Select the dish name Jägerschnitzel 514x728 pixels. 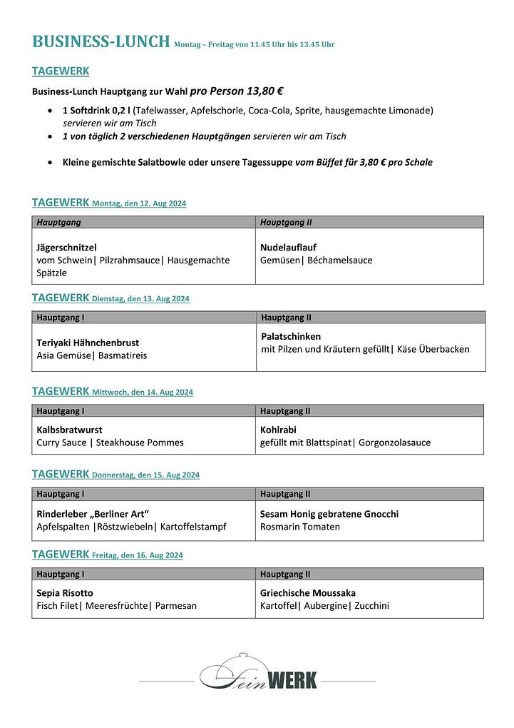(66, 248)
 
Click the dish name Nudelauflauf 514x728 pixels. (288, 248)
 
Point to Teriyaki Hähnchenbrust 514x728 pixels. (88, 343)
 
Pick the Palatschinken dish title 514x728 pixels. (291, 336)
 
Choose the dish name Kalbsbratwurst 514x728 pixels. (69, 430)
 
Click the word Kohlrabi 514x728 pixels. (278, 430)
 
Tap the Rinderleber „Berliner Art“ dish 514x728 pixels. (93, 514)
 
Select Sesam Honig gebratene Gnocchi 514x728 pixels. (329, 514)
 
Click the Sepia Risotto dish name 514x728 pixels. (65, 593)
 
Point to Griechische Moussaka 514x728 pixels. (308, 593)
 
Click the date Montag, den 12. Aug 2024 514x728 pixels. (139, 204)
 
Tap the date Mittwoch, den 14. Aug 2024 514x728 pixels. (143, 393)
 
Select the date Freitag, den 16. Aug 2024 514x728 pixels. (138, 555)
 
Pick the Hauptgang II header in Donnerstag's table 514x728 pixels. (285, 494)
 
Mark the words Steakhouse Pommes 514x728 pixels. (140, 443)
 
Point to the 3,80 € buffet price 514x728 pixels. (370, 163)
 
